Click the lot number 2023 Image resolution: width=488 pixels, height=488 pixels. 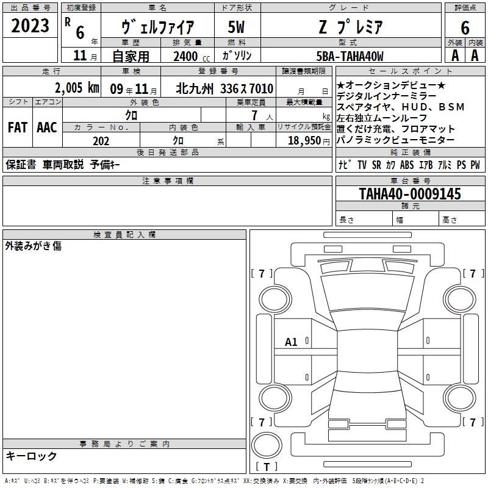point(30,26)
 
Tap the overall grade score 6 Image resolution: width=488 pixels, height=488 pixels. point(465,28)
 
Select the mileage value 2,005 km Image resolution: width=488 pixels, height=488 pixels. point(77,88)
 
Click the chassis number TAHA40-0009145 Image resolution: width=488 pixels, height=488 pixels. point(410,193)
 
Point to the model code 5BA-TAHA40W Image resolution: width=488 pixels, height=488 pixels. point(350,56)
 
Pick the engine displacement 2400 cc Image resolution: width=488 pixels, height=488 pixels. point(192,56)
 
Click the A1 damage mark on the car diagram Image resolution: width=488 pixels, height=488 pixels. point(291,342)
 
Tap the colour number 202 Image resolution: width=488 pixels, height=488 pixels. point(101,141)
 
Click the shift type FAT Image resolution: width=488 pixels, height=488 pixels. point(18,127)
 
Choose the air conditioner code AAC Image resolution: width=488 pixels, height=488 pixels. point(47,127)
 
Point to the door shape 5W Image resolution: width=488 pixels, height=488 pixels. point(236,27)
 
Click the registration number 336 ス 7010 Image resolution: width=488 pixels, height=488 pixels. point(246,88)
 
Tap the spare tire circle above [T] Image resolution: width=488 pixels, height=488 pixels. point(267,445)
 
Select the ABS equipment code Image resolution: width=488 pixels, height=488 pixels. point(407,165)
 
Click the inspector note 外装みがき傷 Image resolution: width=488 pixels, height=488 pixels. point(34,246)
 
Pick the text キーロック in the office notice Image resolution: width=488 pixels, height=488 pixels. point(31,456)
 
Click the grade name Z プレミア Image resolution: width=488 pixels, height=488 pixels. point(350,27)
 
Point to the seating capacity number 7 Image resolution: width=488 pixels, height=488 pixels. point(254,115)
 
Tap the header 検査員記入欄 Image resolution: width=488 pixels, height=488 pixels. point(124,235)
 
